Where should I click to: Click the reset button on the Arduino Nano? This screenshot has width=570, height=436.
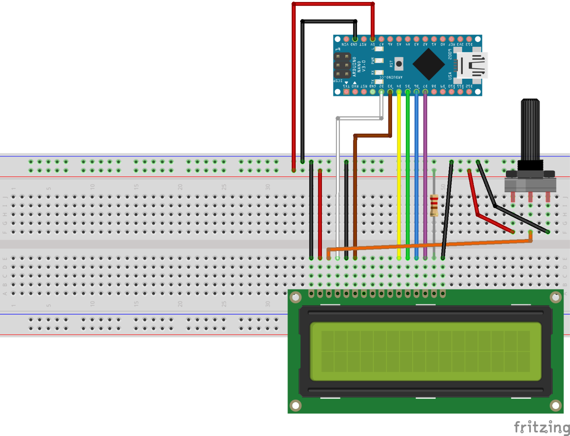point(399,64)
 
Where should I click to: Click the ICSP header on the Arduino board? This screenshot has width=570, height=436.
point(342,65)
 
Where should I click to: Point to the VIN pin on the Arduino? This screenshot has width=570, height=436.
point(346,40)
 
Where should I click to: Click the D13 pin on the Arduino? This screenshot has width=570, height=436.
point(469,40)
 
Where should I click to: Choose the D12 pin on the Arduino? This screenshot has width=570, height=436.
point(469,92)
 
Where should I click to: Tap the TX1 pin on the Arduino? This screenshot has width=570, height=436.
point(346,92)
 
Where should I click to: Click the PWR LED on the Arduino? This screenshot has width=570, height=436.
point(379,61)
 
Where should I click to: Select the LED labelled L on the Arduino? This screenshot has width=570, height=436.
point(379,49)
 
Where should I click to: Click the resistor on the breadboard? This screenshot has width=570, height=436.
point(434,205)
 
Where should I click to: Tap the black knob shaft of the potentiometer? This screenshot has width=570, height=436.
point(530,129)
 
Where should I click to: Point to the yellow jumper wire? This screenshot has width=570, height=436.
point(399,174)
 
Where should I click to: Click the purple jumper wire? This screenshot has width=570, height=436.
point(425,174)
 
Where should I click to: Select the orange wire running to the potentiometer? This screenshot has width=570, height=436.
point(444,244)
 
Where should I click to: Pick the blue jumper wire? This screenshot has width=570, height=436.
point(416,174)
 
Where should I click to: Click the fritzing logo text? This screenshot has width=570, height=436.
point(541,427)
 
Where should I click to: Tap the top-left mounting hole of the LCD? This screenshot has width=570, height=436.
point(296,298)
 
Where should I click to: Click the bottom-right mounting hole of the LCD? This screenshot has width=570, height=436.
point(555,405)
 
